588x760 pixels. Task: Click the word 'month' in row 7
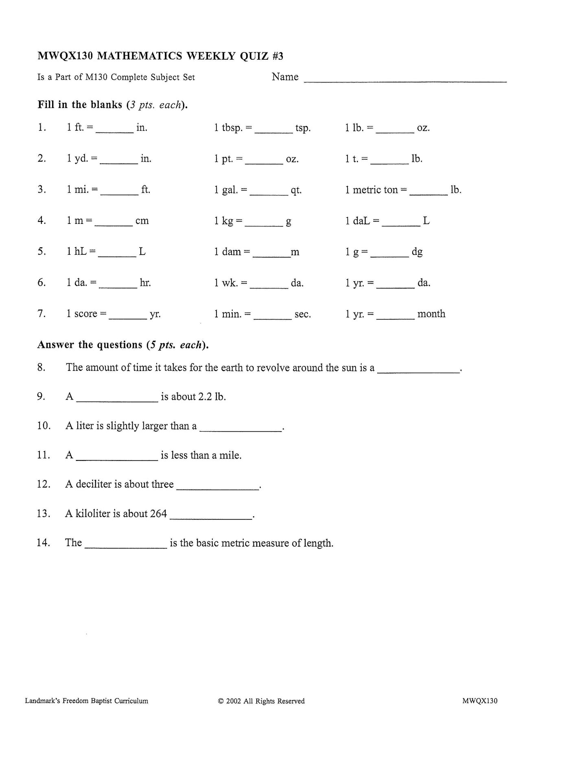coord(431,314)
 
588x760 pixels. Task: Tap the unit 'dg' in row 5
coord(417,252)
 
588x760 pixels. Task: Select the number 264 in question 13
coord(158,514)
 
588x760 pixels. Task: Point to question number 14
coord(43,543)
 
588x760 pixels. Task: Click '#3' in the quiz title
coord(278,56)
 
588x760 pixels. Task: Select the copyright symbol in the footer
coord(221,701)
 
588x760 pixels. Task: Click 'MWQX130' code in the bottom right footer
coord(480,701)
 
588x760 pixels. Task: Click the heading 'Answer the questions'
coord(90,345)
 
